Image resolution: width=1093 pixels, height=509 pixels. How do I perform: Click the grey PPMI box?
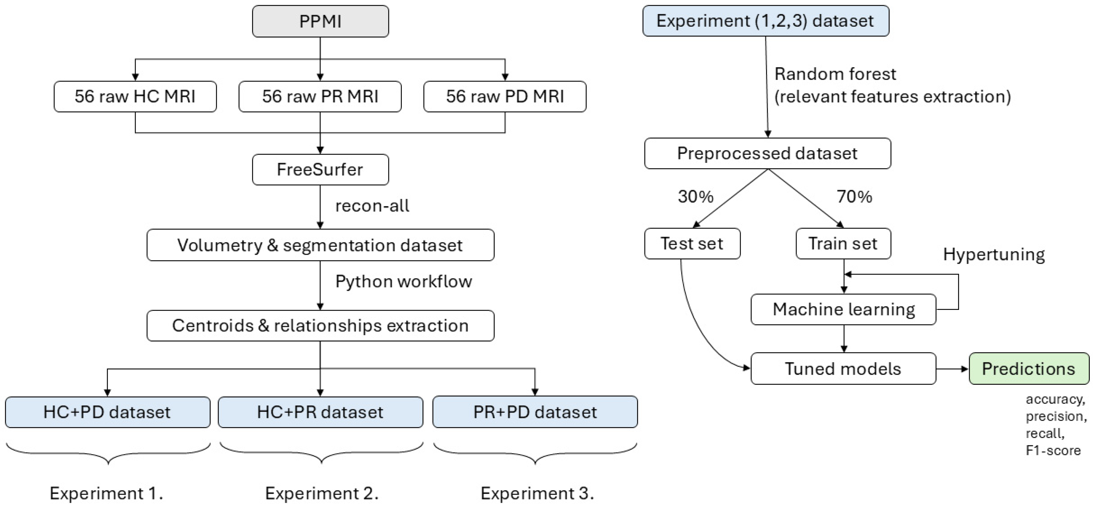(320, 21)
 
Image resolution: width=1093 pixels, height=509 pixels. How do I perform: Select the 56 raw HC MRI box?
(135, 96)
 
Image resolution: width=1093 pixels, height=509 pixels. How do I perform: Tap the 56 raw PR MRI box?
(320, 96)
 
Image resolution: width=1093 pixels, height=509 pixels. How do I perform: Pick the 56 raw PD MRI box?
(504, 96)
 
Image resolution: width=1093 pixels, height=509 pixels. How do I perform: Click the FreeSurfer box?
(320, 170)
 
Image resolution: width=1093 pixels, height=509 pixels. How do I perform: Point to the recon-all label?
(372, 206)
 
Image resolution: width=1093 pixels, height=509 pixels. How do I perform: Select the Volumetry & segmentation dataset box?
(320, 245)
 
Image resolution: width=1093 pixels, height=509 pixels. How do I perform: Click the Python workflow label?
(403, 281)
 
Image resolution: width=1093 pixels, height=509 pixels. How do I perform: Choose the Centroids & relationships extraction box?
(320, 326)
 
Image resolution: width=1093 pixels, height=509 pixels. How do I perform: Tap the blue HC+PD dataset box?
(107, 412)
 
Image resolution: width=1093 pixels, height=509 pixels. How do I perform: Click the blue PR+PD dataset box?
(535, 412)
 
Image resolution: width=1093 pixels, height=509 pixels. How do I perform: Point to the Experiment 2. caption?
(322, 493)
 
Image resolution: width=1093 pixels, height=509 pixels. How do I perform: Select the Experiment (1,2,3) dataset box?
(765, 21)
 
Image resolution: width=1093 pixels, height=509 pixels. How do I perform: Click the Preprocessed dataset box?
(767, 153)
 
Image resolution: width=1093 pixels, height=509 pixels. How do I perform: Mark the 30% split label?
(695, 196)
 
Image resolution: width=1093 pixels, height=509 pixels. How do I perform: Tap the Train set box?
(843, 244)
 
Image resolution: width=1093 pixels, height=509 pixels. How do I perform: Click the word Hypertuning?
(993, 255)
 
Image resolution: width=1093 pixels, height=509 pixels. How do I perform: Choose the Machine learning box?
(843, 310)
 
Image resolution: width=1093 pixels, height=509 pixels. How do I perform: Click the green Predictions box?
(1029, 369)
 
